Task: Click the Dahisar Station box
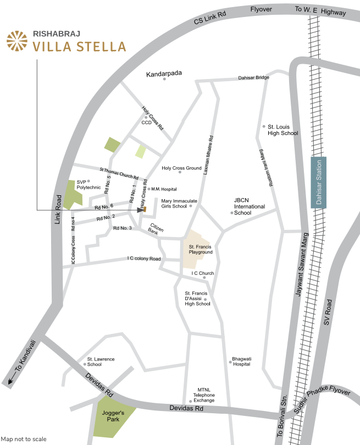(x=319, y=182)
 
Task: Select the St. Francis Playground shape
(x=197, y=249)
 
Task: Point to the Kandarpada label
(x=164, y=73)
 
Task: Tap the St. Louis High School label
(x=283, y=129)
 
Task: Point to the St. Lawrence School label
(x=101, y=362)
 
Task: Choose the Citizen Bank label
(x=157, y=229)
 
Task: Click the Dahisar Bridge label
(x=253, y=77)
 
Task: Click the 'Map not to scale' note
(x=24, y=439)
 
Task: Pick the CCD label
(x=146, y=122)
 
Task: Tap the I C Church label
(x=202, y=273)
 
